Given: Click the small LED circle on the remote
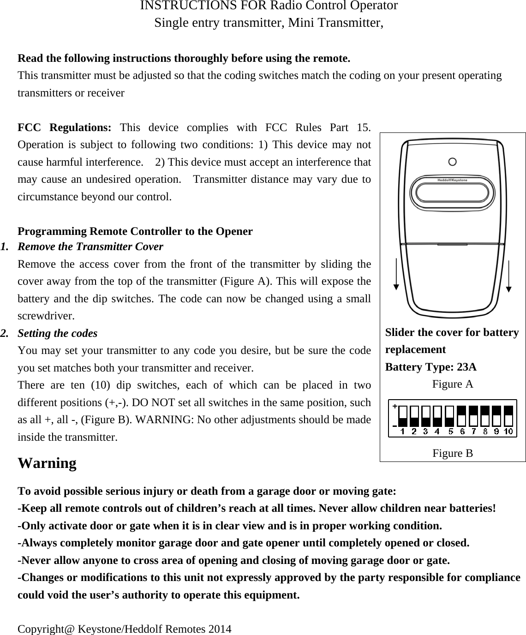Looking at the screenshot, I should [453, 162].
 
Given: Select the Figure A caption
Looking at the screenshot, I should [452, 384].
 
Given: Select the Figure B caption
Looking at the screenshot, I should [452, 453].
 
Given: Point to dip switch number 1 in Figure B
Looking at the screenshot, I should [403, 417].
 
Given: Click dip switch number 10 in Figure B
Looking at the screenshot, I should [508, 417].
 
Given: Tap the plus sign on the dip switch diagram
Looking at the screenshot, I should [394, 407].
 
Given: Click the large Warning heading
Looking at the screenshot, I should [47, 463].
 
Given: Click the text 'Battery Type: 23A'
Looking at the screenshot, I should [430, 367].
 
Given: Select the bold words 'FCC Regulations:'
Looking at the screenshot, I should [64, 127].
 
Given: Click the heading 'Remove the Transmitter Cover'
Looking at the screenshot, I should [90, 246].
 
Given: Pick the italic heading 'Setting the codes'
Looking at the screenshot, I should [57, 333].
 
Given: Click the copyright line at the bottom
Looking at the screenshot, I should [125, 629].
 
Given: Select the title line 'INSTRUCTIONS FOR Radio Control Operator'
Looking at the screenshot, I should [269, 6].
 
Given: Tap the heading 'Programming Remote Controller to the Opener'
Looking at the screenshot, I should [135, 231].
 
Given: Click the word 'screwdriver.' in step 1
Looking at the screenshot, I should [40, 316].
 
